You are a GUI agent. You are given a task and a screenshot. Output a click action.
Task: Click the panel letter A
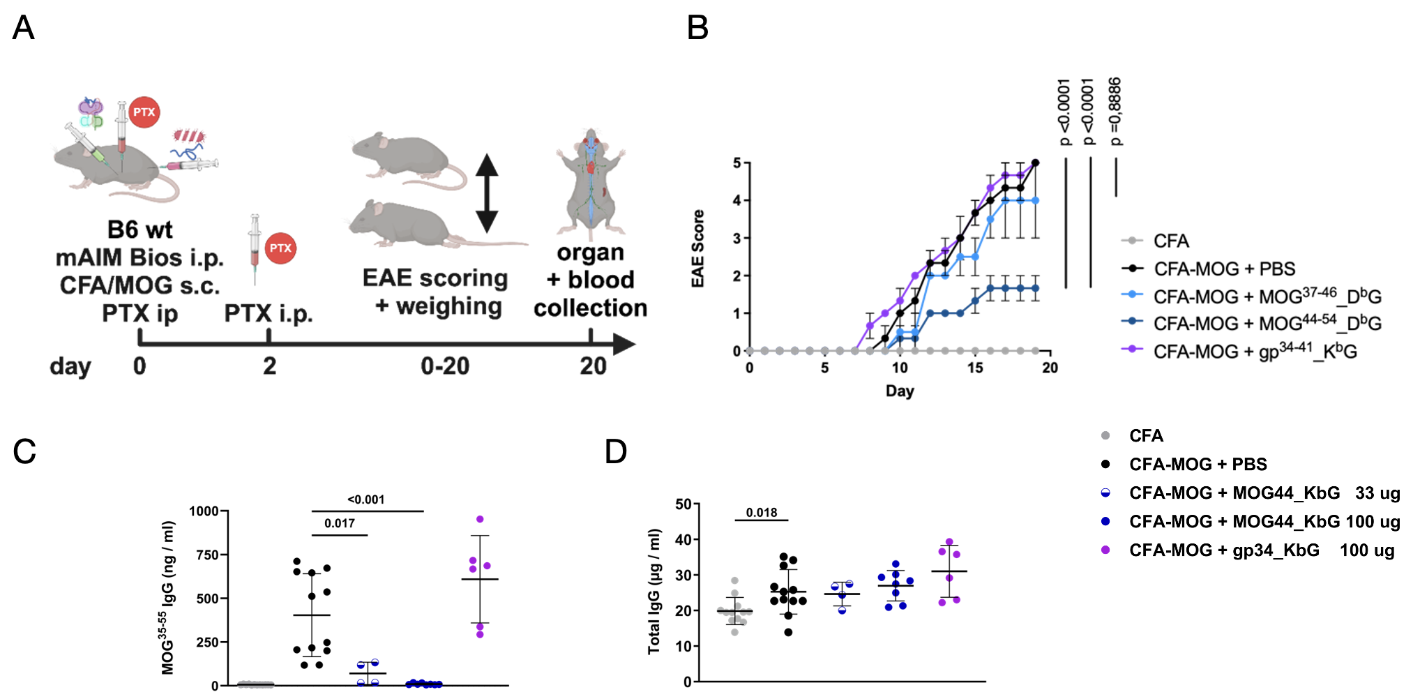click(x=24, y=29)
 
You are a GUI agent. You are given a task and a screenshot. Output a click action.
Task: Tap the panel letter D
click(x=616, y=451)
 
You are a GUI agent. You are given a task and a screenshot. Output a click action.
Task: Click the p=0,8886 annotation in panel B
click(x=1115, y=112)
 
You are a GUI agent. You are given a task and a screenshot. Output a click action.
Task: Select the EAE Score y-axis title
click(x=698, y=248)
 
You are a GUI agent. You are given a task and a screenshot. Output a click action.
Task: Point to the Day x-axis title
click(x=900, y=391)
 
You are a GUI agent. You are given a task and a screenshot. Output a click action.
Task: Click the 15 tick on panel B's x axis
click(x=975, y=368)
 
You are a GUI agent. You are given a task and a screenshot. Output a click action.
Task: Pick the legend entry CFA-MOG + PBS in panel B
click(x=1224, y=269)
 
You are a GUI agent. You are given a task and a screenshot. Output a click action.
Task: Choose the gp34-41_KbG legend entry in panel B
click(x=1255, y=351)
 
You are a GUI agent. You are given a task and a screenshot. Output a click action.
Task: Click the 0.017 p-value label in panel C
click(x=340, y=523)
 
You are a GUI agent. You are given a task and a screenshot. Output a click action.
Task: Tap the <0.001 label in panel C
click(x=366, y=499)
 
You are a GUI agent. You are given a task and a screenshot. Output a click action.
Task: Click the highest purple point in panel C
click(x=480, y=520)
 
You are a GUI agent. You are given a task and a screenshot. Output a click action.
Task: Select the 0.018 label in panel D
click(x=762, y=513)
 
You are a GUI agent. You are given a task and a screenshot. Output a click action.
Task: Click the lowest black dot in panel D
click(x=788, y=632)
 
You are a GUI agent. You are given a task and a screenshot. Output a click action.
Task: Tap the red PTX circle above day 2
click(x=280, y=248)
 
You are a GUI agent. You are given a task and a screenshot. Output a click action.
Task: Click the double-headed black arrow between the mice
click(x=487, y=193)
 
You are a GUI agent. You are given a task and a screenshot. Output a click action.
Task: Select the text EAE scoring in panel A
click(x=435, y=278)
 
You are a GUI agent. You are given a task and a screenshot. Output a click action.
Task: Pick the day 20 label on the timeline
click(x=593, y=366)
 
